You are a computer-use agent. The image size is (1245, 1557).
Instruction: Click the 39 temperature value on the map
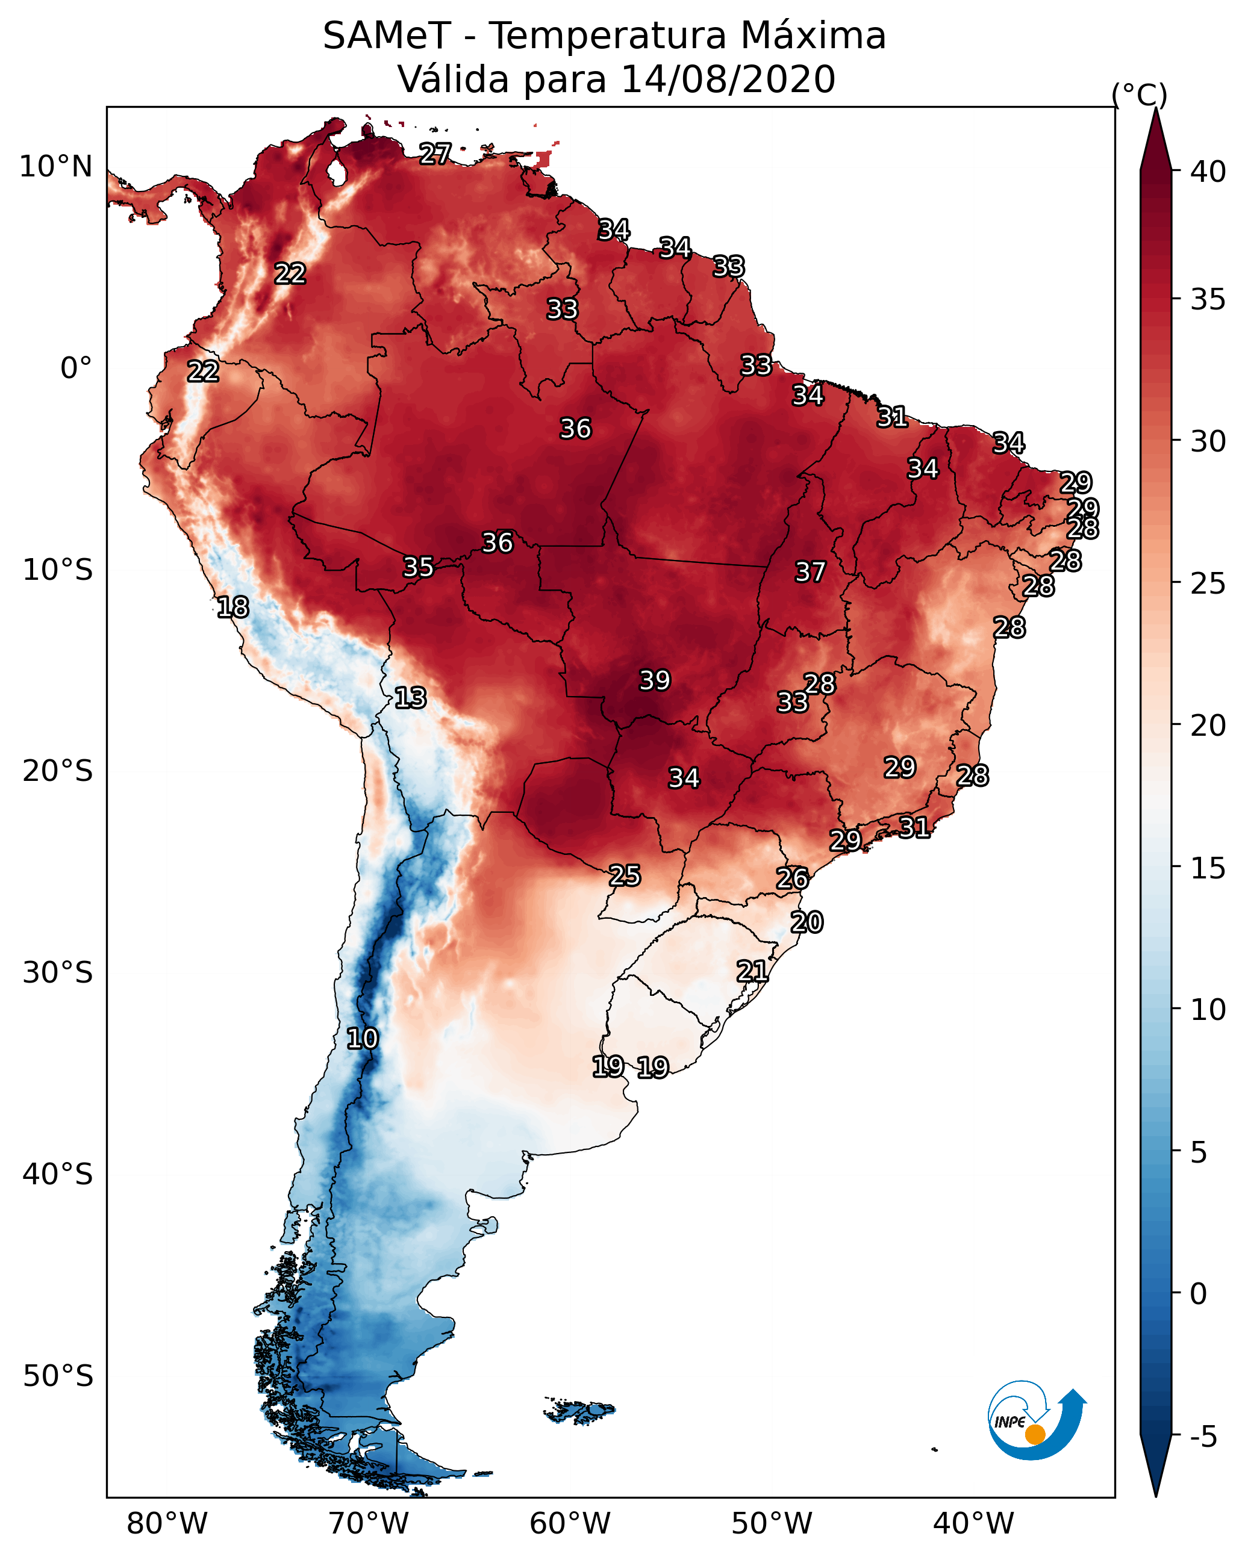coord(655,680)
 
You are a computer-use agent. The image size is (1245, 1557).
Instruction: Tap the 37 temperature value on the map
coord(810,572)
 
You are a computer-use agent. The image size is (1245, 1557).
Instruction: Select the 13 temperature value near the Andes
coord(410,698)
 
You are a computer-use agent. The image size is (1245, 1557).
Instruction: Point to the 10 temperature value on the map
coord(362,1039)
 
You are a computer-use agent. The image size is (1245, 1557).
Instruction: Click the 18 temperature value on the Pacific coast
coord(232,608)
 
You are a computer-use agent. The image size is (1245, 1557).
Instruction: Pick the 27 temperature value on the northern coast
coord(435,154)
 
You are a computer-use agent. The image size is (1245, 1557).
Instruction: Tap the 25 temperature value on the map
coord(624,875)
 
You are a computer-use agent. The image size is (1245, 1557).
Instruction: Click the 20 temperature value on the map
coord(807,922)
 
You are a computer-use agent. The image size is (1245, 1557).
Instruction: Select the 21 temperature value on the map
coord(752,971)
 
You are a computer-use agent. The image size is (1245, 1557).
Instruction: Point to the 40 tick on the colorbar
coord(1206,172)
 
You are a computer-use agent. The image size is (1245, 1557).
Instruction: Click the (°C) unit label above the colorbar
coord(1139,95)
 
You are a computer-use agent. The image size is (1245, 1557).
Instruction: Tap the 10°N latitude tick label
coord(55,167)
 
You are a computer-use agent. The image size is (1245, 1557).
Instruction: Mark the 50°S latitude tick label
coord(58,1376)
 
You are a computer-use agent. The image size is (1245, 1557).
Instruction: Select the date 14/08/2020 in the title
coord(728,79)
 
